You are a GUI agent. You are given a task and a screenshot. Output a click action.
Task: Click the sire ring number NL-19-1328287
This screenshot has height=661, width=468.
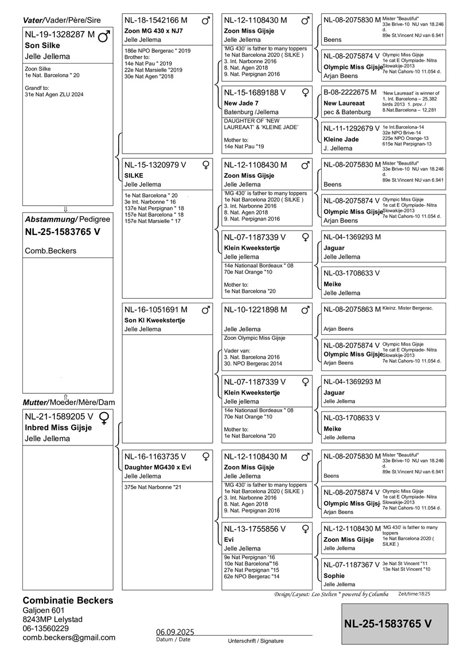[x=56, y=35]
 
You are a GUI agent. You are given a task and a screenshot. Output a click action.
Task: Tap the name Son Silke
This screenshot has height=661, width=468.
[x=42, y=45]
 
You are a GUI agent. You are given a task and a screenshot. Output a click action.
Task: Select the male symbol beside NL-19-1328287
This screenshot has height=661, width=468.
[x=104, y=36]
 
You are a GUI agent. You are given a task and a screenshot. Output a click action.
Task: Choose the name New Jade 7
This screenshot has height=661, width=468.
[x=241, y=103]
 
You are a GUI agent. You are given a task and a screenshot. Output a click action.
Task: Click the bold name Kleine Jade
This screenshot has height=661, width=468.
[x=341, y=139]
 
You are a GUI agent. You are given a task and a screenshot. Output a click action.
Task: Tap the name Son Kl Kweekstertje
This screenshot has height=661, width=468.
[x=155, y=320]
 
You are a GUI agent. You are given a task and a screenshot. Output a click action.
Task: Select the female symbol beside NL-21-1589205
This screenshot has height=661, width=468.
[x=104, y=417]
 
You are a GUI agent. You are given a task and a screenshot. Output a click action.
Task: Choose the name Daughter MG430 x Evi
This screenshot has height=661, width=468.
[x=158, y=467]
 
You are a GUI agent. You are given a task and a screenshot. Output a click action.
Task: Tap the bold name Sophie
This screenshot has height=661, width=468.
[x=334, y=576]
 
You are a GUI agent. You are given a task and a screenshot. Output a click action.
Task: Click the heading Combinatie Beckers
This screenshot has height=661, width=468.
[x=68, y=600]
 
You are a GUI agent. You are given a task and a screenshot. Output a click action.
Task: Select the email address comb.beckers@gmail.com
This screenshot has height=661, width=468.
[x=69, y=637]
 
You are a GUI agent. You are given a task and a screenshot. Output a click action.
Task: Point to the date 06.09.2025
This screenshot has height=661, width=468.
[x=175, y=632]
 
